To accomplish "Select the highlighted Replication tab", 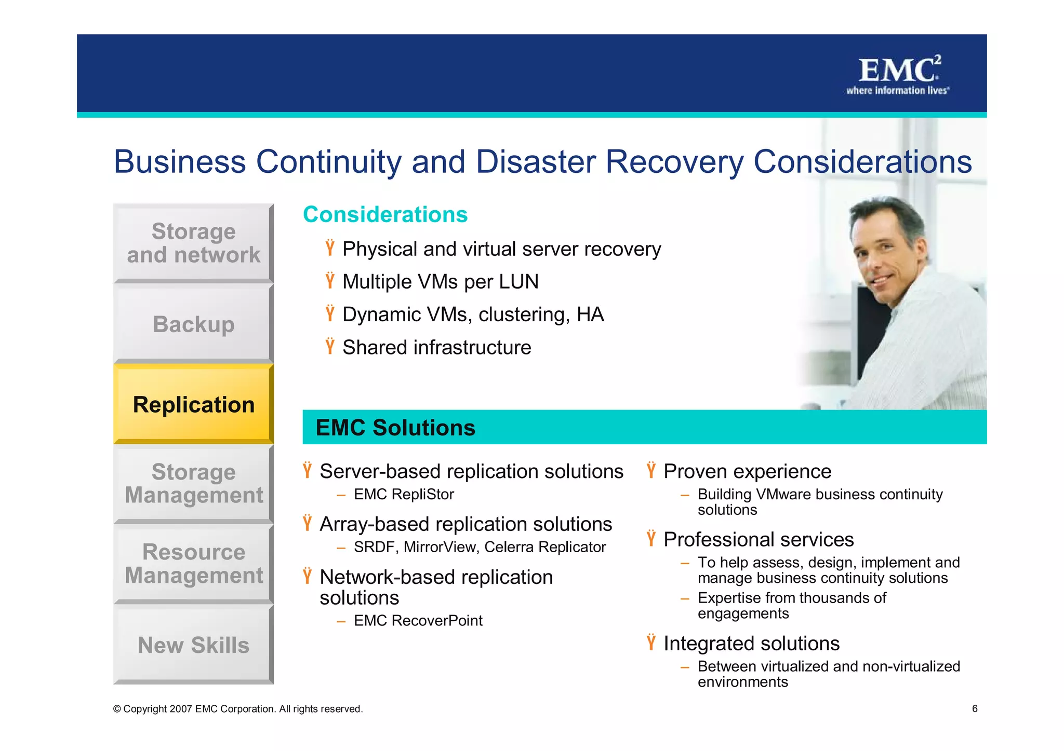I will (193, 404).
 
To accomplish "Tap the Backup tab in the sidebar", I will (193, 324).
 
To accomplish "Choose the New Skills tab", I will (193, 645).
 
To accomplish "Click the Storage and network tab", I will (193, 243).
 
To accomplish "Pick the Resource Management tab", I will (193, 564).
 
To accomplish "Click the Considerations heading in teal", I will (385, 214).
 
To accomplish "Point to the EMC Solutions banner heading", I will (395, 428).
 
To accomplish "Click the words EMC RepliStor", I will (404, 495).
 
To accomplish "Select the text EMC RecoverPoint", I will (418, 621).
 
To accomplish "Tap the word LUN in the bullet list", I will (518, 282).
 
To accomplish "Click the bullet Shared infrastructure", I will (436, 348).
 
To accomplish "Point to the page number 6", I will (975, 708).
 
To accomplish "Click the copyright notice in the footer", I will (238, 709).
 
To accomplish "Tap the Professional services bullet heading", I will (758, 540).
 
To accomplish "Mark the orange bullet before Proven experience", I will (651, 470).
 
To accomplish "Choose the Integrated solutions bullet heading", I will (751, 644).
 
